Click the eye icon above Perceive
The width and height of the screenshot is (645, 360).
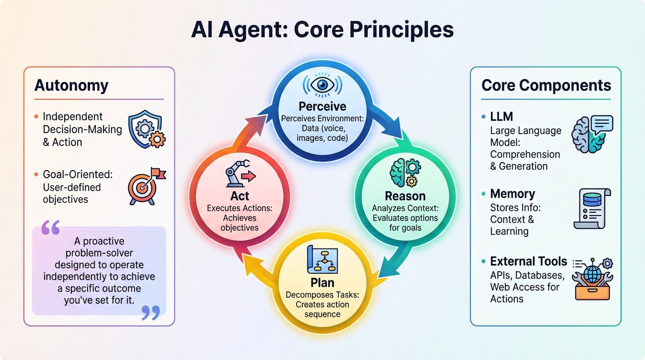click(322, 84)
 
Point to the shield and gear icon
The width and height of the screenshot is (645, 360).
click(147, 129)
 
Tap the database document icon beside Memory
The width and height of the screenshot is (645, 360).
click(592, 208)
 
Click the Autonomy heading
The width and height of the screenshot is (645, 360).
click(71, 86)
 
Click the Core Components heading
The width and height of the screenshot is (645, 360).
click(546, 85)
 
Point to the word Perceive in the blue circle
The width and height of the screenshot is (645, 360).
click(322, 106)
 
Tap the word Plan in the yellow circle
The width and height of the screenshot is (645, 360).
click(322, 283)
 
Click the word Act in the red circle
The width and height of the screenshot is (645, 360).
click(240, 195)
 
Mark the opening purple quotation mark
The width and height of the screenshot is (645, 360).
click(51, 228)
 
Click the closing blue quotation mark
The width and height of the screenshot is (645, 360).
click(150, 313)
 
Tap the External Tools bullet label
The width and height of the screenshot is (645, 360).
click(528, 261)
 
